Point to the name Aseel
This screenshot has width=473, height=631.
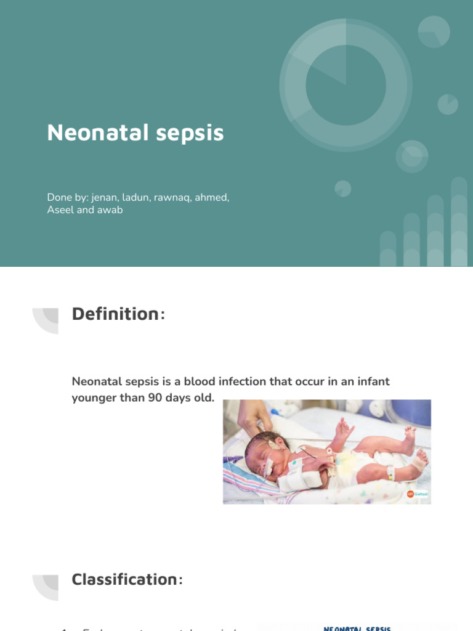(x=60, y=210)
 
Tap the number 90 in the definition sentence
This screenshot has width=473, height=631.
(x=155, y=398)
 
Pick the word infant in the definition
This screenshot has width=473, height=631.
(x=371, y=382)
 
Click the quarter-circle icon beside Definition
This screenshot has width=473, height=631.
(x=47, y=320)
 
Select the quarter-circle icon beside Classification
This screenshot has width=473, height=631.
(x=47, y=587)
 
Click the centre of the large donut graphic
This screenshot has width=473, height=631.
(x=346, y=84)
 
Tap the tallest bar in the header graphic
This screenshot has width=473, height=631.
(x=459, y=222)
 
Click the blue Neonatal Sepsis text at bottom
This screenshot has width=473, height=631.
(x=357, y=628)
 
